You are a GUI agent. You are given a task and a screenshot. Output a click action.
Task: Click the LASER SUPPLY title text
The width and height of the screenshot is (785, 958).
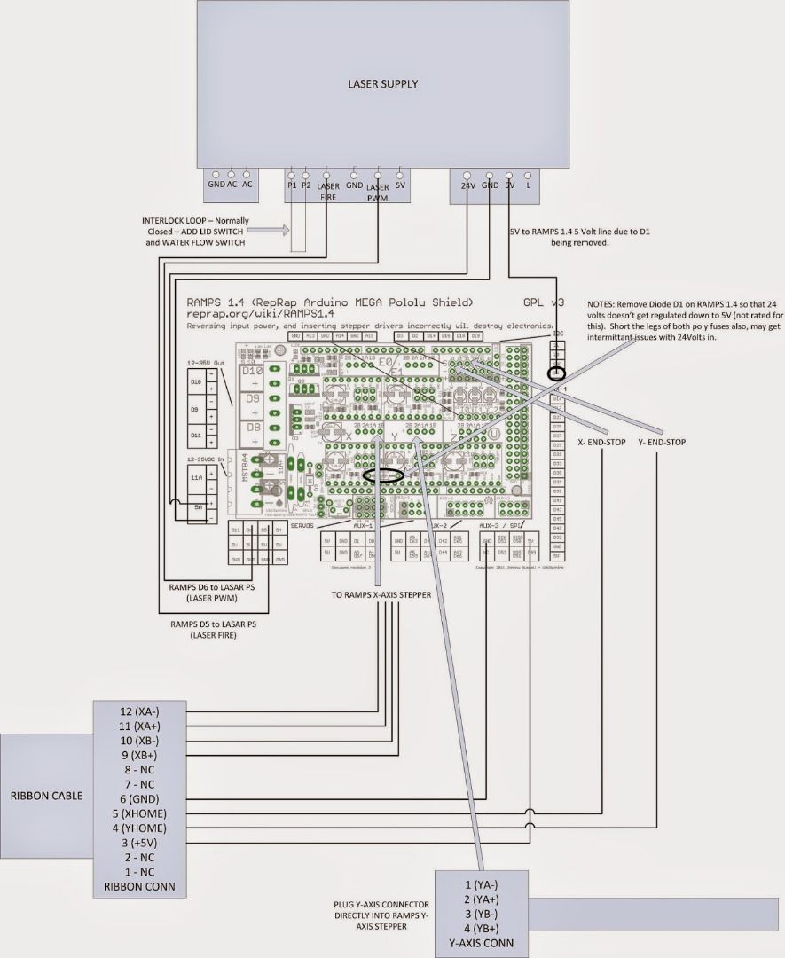[382, 84]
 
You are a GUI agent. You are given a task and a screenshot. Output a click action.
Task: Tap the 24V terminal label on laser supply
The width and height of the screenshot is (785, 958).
[468, 186]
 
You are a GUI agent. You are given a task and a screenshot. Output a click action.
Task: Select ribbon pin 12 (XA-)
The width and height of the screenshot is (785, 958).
[139, 711]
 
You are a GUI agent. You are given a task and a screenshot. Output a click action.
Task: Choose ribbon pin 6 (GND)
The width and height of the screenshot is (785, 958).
[139, 798]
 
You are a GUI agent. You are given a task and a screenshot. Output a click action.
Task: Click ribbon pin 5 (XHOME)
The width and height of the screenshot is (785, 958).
[139, 813]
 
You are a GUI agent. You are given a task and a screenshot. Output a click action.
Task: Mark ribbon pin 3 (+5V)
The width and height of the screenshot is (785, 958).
[139, 842]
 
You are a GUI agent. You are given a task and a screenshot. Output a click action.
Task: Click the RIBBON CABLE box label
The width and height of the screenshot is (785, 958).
[47, 795]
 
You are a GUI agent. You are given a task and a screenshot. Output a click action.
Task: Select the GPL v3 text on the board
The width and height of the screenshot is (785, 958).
[537, 302]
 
